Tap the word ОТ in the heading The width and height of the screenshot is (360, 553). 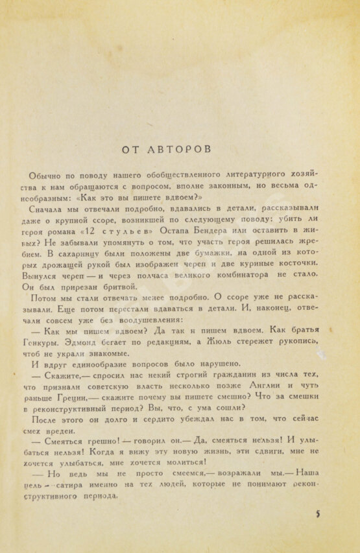[x=133, y=149]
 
